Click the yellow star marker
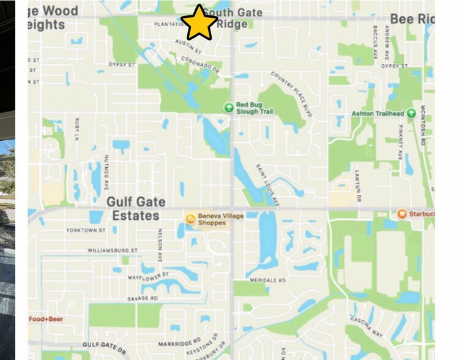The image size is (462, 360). point(199,23)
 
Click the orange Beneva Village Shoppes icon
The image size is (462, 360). point(190,219)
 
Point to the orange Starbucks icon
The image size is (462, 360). point(402,214)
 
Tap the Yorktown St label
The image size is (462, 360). point(86,231)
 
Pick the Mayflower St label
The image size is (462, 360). point(147,277)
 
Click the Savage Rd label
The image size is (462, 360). point(143,298)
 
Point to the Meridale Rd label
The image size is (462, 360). point(268,280)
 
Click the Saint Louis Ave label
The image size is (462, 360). point(267,183)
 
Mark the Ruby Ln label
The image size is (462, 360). point(77,129)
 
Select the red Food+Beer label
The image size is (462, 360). point(46,319)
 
